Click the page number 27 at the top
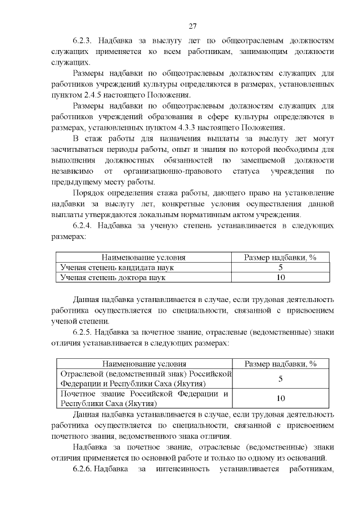(192, 26)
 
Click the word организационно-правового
(166, 171)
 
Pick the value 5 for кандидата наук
(280, 267)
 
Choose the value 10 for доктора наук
(280, 277)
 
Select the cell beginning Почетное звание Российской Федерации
(146, 398)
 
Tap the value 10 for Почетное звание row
(280, 398)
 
